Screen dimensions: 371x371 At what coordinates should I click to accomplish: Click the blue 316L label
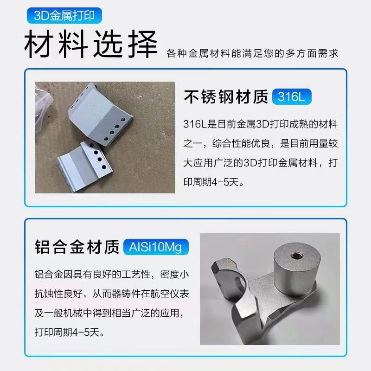[x=292, y=97]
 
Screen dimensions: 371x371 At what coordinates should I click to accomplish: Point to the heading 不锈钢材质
[x=226, y=97]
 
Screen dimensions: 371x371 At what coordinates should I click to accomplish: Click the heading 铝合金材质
[x=77, y=247]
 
